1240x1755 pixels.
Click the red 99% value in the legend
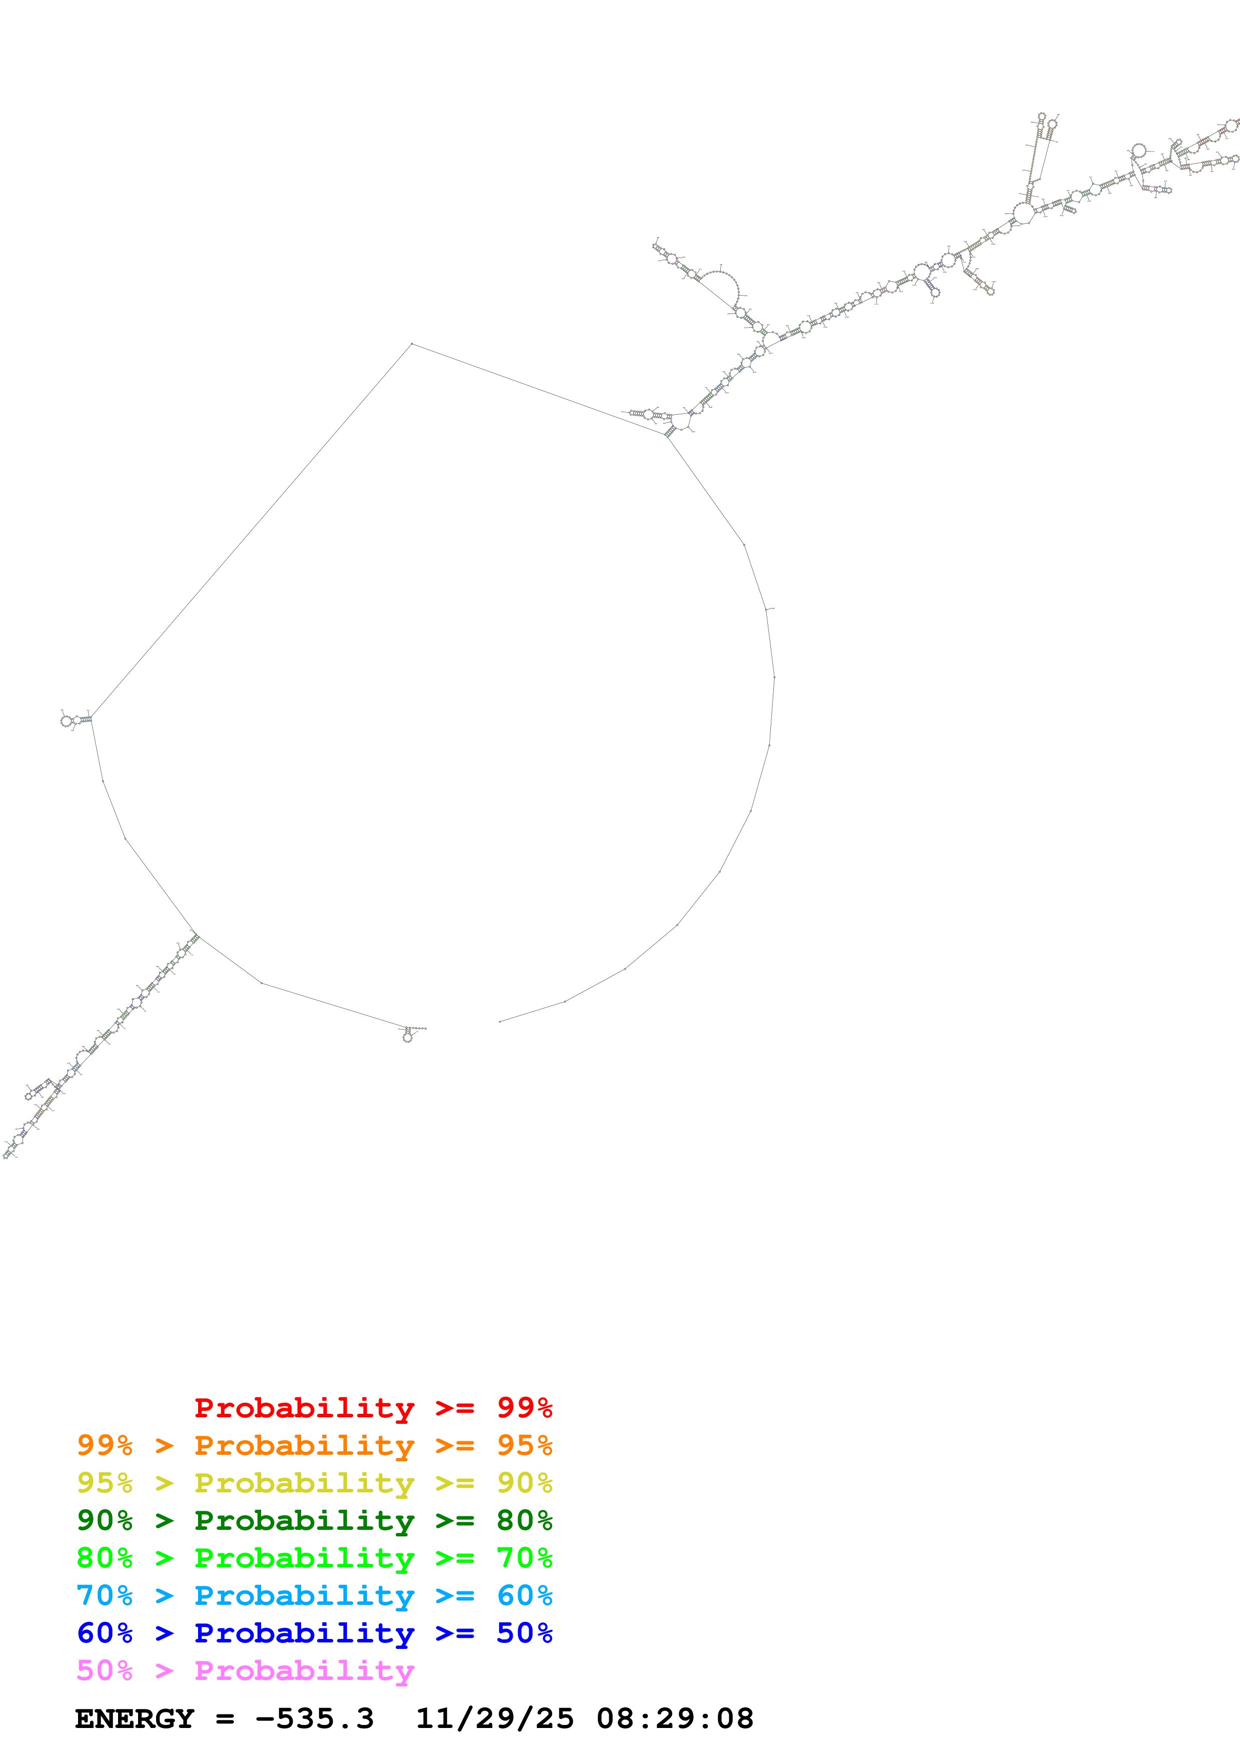(524, 1408)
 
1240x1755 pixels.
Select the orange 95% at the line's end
(524, 1445)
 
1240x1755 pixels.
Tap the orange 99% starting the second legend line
(105, 1445)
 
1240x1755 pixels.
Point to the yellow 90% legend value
(524, 1483)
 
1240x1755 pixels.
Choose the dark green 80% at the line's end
(524, 1520)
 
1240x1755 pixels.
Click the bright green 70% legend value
(524, 1558)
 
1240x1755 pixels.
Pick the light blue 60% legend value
(524, 1595)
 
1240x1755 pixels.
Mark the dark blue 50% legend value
(524, 1633)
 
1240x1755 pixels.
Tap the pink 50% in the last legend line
(105, 1670)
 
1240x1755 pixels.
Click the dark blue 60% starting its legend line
(105, 1633)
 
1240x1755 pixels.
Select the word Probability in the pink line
(304, 1670)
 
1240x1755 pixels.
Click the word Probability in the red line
(304, 1408)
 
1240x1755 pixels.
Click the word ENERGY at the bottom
(135, 1718)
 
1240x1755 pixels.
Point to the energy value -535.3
(314, 1718)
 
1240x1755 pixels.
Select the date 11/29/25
(494, 1718)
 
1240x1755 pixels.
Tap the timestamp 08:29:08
(675, 1718)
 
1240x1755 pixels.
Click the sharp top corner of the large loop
(412, 344)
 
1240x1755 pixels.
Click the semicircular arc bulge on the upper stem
(722, 287)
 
